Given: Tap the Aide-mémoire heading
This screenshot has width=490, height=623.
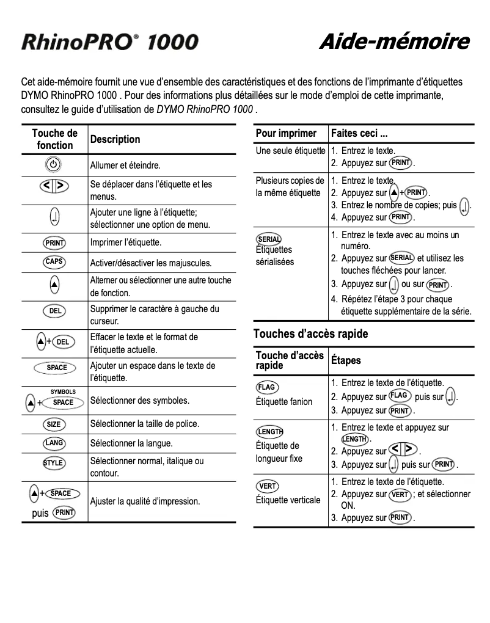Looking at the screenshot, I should coord(394,42).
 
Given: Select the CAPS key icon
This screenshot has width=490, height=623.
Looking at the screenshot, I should coord(54,262).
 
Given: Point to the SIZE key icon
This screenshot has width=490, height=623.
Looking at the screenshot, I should coord(54,424).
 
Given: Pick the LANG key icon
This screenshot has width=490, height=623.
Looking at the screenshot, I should coord(54,443).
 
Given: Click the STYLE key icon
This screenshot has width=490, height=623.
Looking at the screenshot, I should coord(54,462).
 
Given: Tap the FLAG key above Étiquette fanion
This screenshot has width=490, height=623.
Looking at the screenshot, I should coord(267,387).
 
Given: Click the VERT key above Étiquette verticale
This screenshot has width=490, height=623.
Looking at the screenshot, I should coord(267,486).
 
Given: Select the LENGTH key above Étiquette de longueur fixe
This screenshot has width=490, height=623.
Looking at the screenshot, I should coord(269,431).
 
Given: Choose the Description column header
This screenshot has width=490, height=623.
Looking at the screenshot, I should coord(115,139).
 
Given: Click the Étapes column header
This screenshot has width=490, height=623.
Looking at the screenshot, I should coord(346,360).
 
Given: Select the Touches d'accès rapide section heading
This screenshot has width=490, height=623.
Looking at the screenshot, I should coord(310,334).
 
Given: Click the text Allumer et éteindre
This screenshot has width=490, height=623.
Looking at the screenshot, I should coord(125,165).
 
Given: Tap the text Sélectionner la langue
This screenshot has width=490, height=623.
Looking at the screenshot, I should coord(131,443).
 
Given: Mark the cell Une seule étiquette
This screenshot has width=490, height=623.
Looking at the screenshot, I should coord(290,150).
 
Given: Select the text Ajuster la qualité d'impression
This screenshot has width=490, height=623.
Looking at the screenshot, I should coord(145,501).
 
